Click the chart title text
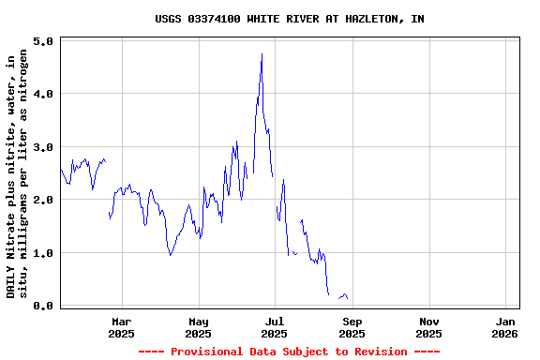(289, 19)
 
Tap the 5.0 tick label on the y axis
(43, 42)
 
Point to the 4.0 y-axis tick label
(43, 95)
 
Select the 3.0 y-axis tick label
(43, 148)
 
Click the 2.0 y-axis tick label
(43, 201)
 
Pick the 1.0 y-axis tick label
(43, 253)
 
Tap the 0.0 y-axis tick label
(43, 306)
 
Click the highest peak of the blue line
(262, 54)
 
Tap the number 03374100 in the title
(213, 19)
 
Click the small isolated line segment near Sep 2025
(343, 296)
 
